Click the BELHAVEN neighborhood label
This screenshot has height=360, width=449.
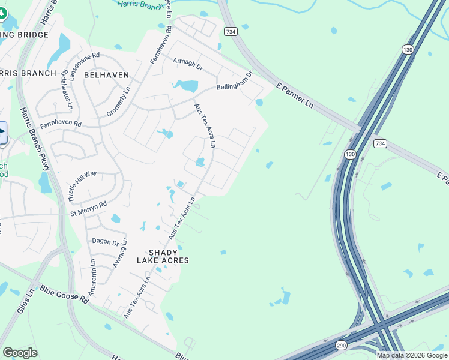[x=107, y=74]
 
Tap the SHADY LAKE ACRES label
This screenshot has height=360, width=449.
[x=163, y=256]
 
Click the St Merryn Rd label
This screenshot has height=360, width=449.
[x=88, y=208]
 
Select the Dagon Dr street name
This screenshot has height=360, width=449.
[x=106, y=241]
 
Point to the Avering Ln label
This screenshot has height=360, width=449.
[x=120, y=254]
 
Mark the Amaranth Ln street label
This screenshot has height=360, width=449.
[x=92, y=276]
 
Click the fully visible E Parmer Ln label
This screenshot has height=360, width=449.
[x=295, y=95]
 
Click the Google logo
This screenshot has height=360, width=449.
[x=20, y=353]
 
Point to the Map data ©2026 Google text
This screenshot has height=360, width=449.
[x=411, y=355]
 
